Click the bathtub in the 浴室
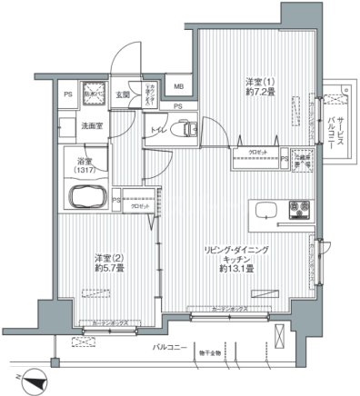(x=86, y=193)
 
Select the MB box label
(x=178, y=87)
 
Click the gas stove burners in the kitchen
(x=299, y=211)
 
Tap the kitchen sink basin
(x=268, y=211)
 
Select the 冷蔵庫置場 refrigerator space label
(x=301, y=157)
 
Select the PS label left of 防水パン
(x=66, y=94)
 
